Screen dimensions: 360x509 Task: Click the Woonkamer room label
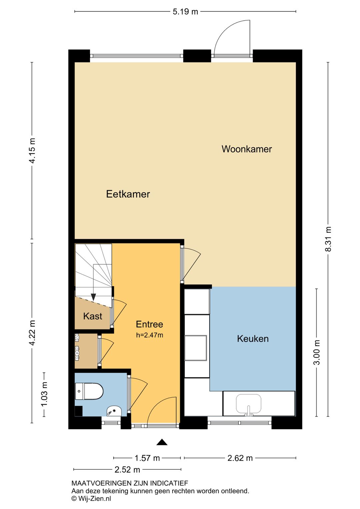tap(247, 149)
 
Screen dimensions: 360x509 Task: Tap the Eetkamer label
tap(128, 194)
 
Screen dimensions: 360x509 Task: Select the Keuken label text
tap(253, 339)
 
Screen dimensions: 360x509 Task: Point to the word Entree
tap(149, 324)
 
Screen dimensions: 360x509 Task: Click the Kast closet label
tap(92, 316)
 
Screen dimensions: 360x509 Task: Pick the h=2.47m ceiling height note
tap(149, 335)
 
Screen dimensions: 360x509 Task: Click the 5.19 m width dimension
tap(185, 12)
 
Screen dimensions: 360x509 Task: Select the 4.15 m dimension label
tap(32, 150)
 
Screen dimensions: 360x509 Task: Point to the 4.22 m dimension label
tap(32, 333)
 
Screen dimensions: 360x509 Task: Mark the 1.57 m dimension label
tap(147, 458)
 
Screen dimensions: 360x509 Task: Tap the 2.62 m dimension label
tap(240, 458)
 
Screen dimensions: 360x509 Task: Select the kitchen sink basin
tap(248, 403)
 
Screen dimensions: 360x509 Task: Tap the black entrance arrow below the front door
tap(162, 442)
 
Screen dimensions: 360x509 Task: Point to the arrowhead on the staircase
tap(93, 297)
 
